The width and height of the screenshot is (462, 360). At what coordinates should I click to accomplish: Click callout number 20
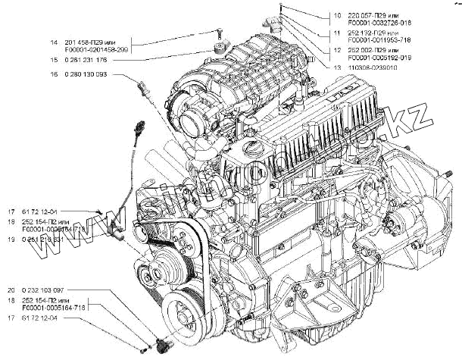point(12,290)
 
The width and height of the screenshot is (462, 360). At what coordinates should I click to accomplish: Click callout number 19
point(12,239)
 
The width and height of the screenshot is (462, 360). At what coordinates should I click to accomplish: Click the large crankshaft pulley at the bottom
point(186,311)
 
